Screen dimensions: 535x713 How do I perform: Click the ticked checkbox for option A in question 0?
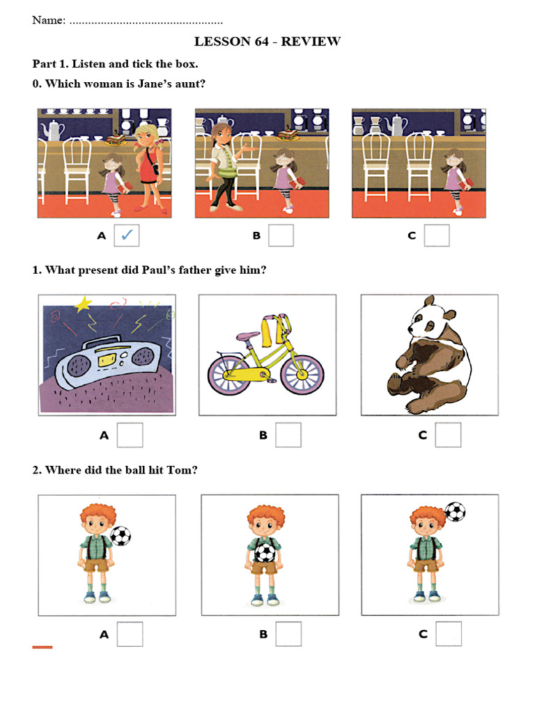127,235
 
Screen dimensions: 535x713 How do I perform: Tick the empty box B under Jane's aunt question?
281,235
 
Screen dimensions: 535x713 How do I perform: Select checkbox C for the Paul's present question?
448,435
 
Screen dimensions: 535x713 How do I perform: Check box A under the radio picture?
130,435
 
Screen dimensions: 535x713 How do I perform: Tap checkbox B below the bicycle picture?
288,435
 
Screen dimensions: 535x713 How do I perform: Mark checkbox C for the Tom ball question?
449,634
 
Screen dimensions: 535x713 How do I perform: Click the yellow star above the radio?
83,304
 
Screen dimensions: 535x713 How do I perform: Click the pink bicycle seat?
247,336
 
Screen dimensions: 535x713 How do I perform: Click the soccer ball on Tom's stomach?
264,553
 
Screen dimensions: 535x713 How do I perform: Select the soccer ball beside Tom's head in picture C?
455,512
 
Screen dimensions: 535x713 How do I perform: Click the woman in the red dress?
148,169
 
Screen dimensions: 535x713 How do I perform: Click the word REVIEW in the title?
311,41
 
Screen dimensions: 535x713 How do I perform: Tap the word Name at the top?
49,20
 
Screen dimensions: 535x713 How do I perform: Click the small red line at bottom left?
42,647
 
